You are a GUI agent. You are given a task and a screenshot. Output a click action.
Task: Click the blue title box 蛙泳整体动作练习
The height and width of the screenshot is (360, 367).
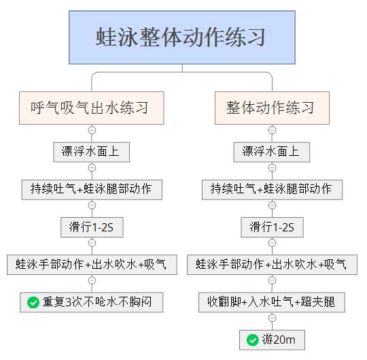point(182,37)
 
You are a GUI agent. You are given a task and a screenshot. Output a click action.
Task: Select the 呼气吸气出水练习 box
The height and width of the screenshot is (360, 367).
point(92,108)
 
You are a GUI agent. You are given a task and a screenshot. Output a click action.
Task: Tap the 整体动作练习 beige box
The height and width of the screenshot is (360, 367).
point(272,108)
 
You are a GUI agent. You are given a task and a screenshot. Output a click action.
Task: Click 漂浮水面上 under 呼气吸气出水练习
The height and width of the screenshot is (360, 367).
point(92,152)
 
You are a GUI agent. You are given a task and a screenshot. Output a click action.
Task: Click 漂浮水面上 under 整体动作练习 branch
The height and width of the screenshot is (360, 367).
point(271,152)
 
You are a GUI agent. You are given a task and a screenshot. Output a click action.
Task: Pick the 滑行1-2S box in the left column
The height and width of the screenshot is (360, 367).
point(92,227)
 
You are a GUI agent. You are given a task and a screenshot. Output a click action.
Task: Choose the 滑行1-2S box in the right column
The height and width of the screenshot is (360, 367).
point(272,227)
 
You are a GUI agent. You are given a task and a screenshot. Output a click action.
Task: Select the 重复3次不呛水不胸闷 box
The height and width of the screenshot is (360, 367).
point(92,302)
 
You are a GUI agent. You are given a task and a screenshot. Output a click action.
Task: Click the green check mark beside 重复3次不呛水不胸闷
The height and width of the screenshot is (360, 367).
point(33,302)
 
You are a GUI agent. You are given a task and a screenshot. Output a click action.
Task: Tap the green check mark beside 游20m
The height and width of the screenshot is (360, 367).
point(253,340)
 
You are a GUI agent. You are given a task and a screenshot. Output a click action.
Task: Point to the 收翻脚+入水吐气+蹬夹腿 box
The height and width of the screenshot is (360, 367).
point(272,302)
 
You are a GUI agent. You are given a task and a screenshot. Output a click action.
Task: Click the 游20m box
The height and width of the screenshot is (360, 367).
point(272,340)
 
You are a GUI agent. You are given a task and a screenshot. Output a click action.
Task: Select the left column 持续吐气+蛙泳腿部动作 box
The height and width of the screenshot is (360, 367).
point(92,190)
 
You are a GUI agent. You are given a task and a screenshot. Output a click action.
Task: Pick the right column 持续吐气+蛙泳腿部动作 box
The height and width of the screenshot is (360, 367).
point(273,190)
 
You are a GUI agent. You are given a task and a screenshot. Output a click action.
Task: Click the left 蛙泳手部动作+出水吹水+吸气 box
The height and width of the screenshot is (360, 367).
point(92,265)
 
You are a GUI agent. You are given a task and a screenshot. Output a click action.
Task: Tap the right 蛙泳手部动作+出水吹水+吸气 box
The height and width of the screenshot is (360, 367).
point(272,265)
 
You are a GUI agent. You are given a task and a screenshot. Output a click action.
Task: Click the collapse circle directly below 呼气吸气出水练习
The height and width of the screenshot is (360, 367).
point(92,130)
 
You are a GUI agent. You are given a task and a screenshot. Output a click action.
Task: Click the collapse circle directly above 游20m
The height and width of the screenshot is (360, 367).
point(272,318)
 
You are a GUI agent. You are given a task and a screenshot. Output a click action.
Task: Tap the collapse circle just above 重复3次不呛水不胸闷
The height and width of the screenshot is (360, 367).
point(92,280)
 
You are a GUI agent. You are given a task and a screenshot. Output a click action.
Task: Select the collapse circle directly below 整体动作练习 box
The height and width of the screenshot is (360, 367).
point(272,130)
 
